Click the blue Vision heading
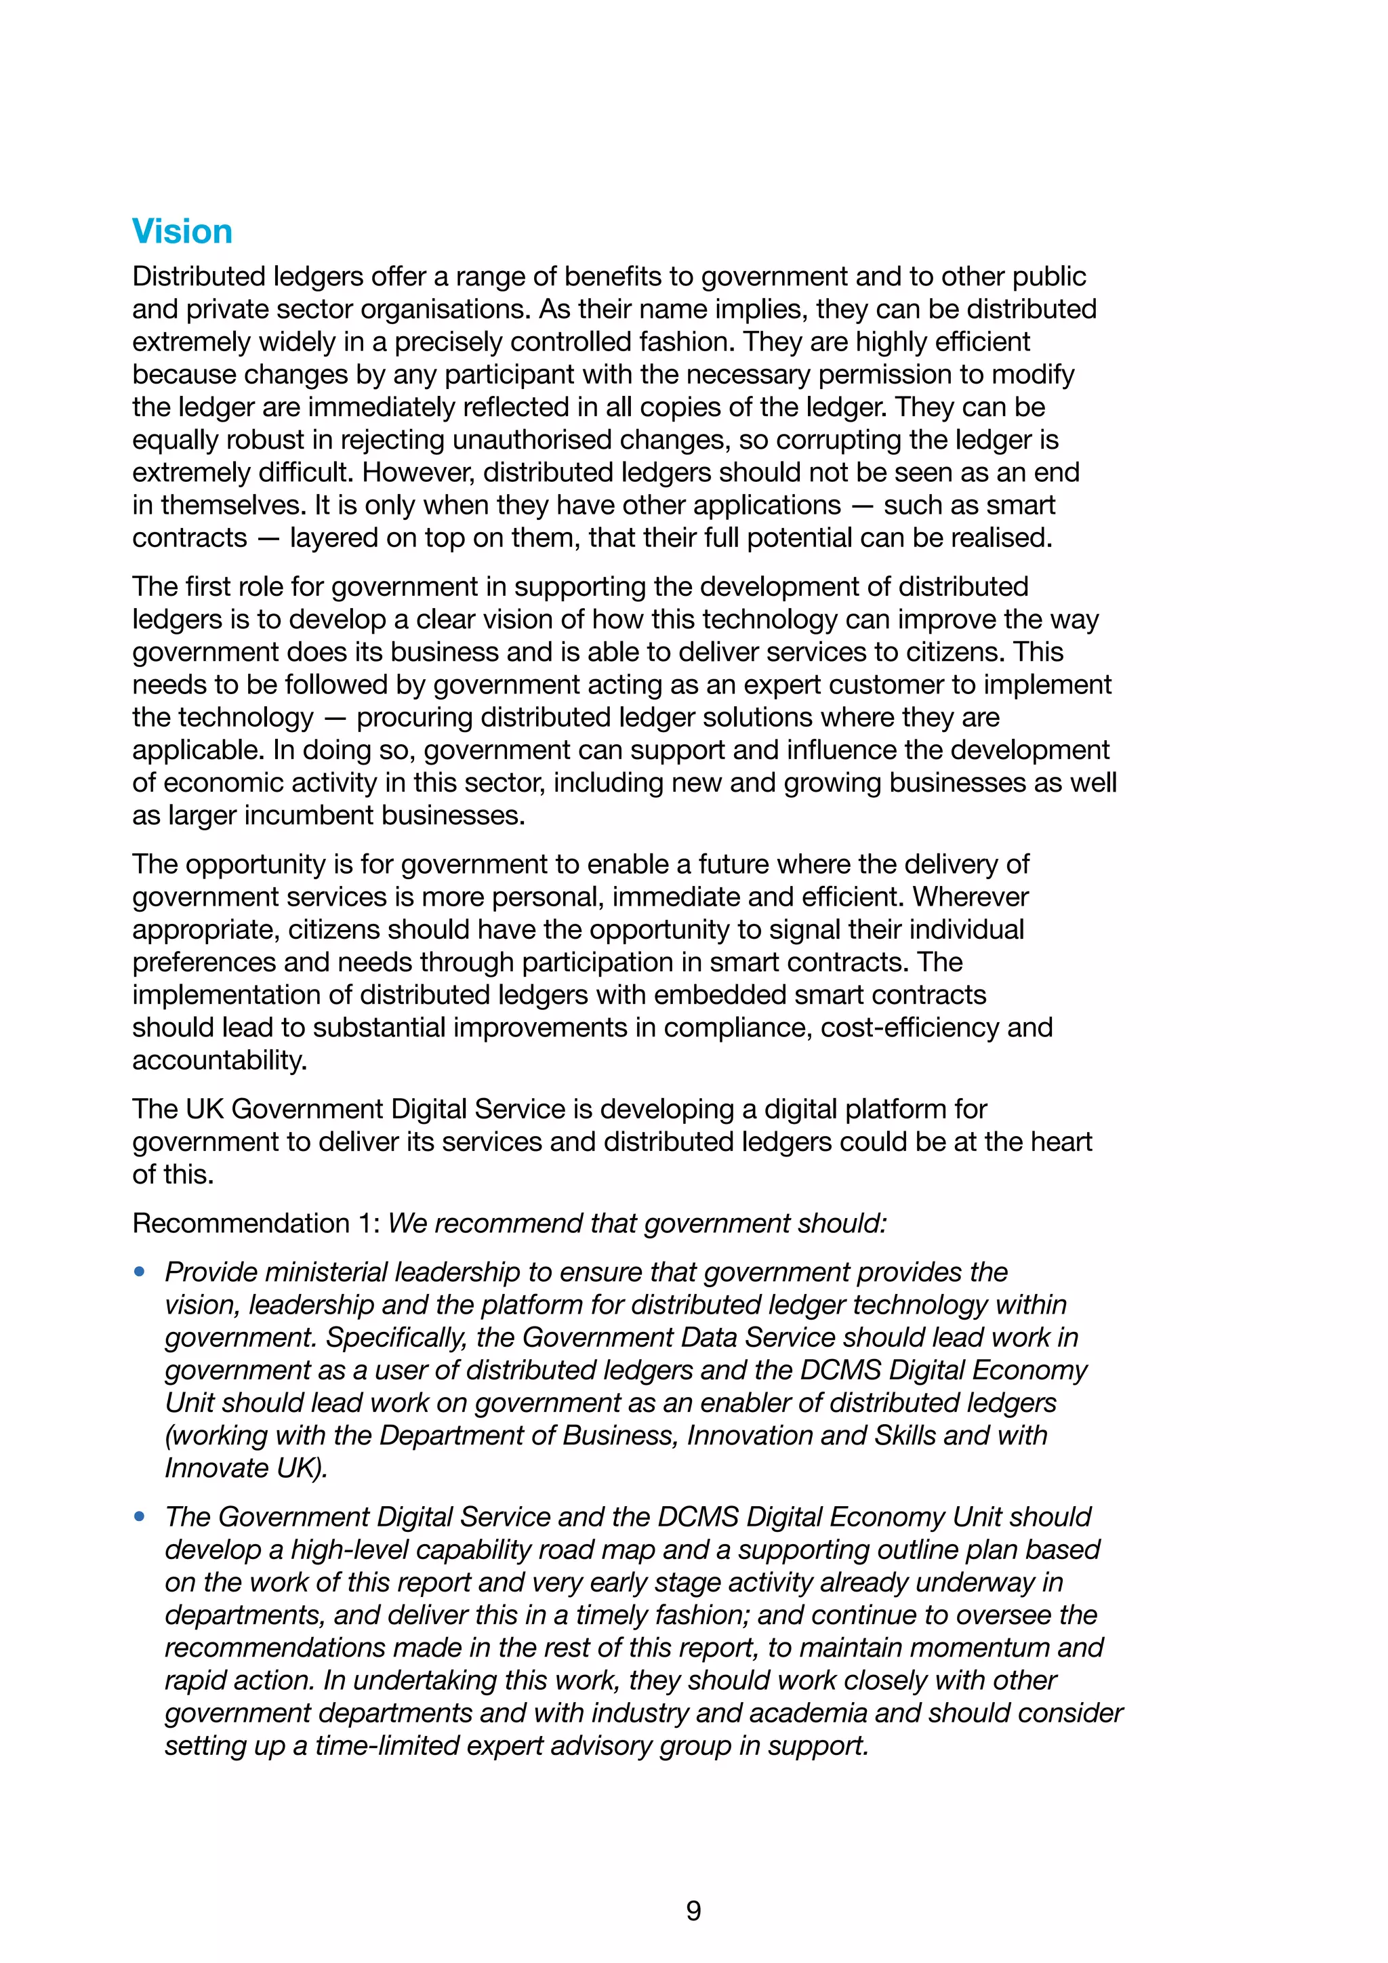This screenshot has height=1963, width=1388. [x=182, y=232]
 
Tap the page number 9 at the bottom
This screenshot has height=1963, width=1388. [x=693, y=1910]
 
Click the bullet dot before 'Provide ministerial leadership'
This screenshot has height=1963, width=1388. [x=140, y=1272]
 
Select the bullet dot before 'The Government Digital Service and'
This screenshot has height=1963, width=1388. [x=140, y=1517]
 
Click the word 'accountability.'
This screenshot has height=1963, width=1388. [x=219, y=1060]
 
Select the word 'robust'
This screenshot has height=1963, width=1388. [x=265, y=441]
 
